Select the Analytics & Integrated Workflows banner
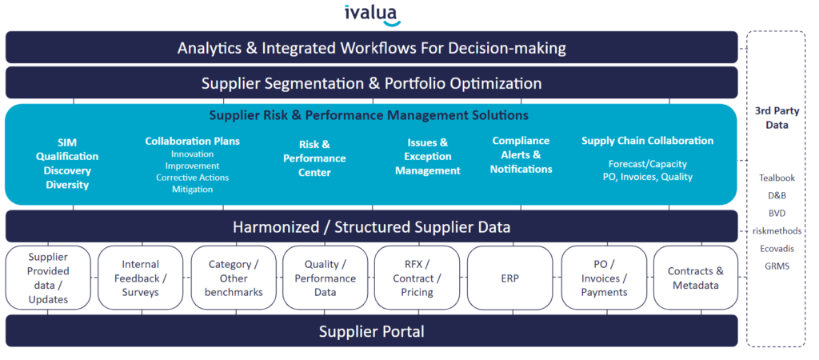372,48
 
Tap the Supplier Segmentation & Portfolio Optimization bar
372,83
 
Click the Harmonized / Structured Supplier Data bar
372,227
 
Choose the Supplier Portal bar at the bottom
372,331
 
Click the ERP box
509,278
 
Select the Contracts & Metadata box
695,278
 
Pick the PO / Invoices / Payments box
603,278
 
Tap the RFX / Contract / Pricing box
417,278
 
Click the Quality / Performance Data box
325,278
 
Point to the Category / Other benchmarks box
234,278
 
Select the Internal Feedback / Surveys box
141,278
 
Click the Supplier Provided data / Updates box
48,278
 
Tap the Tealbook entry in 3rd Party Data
776,178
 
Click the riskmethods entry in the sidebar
776,230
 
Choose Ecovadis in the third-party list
776,248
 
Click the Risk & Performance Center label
314,158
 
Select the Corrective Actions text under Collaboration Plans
192,178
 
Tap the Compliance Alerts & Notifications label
521,155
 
